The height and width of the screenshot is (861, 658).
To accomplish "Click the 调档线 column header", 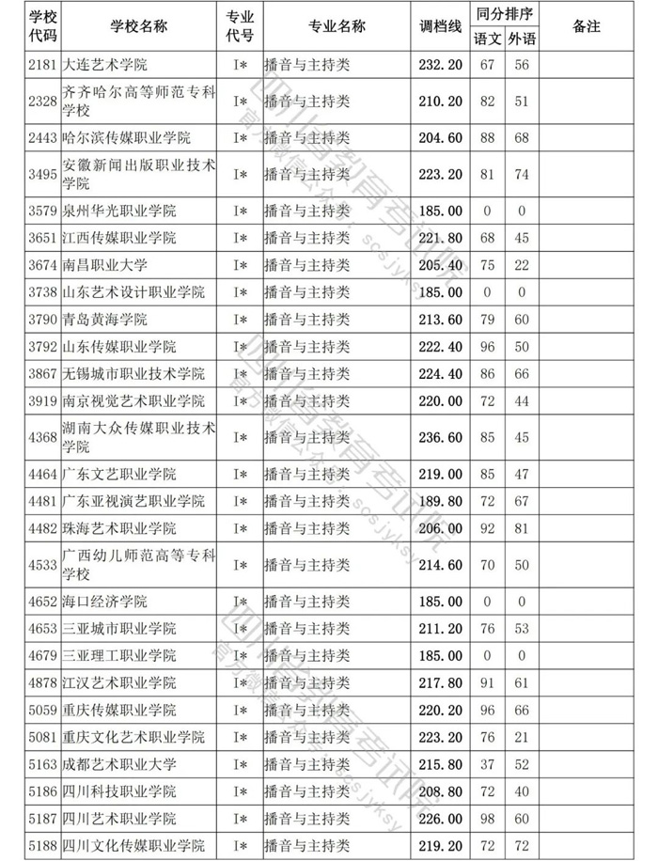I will click(x=440, y=26).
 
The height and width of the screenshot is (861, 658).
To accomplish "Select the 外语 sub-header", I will click(x=520, y=39).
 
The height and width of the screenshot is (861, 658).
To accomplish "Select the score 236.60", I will click(x=440, y=437).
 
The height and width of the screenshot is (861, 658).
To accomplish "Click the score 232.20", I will click(x=440, y=65).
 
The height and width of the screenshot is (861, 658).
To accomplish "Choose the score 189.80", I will click(x=440, y=501).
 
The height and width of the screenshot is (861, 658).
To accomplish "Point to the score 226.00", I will click(x=440, y=819).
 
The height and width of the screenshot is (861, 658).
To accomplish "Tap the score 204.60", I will click(x=440, y=138).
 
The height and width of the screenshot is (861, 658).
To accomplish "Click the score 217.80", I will click(x=440, y=682).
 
